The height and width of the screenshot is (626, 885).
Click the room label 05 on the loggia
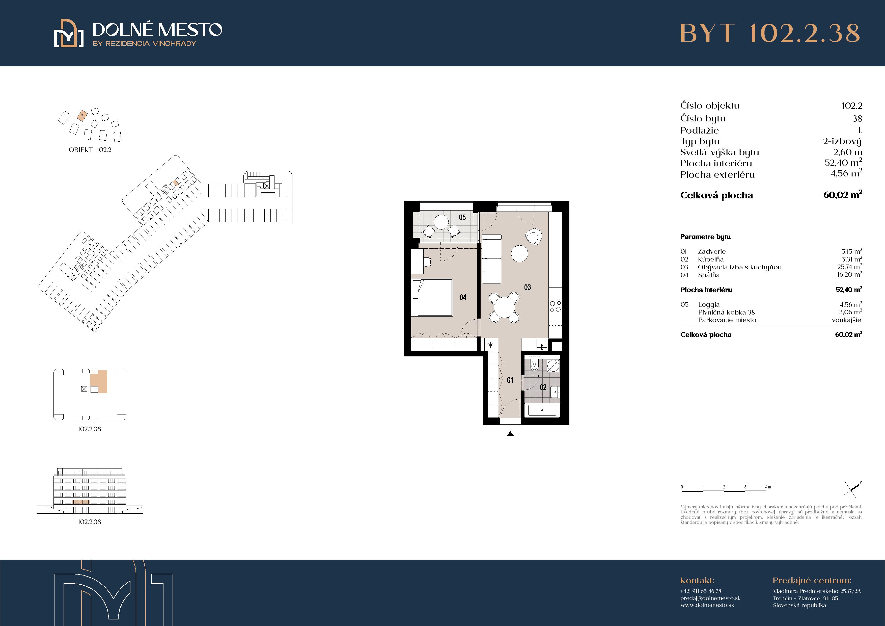coord(462,218)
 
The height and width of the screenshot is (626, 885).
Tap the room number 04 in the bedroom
coord(463,297)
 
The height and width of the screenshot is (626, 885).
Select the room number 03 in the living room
coord(527,287)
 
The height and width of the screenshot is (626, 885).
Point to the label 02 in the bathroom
coord(543,387)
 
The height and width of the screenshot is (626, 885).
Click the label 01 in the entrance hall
coord(510,380)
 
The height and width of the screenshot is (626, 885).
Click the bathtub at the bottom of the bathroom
coord(542,410)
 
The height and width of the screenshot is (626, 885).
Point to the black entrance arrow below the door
coord(510,434)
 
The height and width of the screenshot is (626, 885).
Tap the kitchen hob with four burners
coord(555,307)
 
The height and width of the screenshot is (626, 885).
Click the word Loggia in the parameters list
coord(709,305)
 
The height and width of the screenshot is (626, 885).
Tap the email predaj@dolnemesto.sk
coord(710,598)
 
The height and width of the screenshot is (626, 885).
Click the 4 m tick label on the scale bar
coord(768,487)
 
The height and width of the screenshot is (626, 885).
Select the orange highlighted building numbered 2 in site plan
coord(82,115)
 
